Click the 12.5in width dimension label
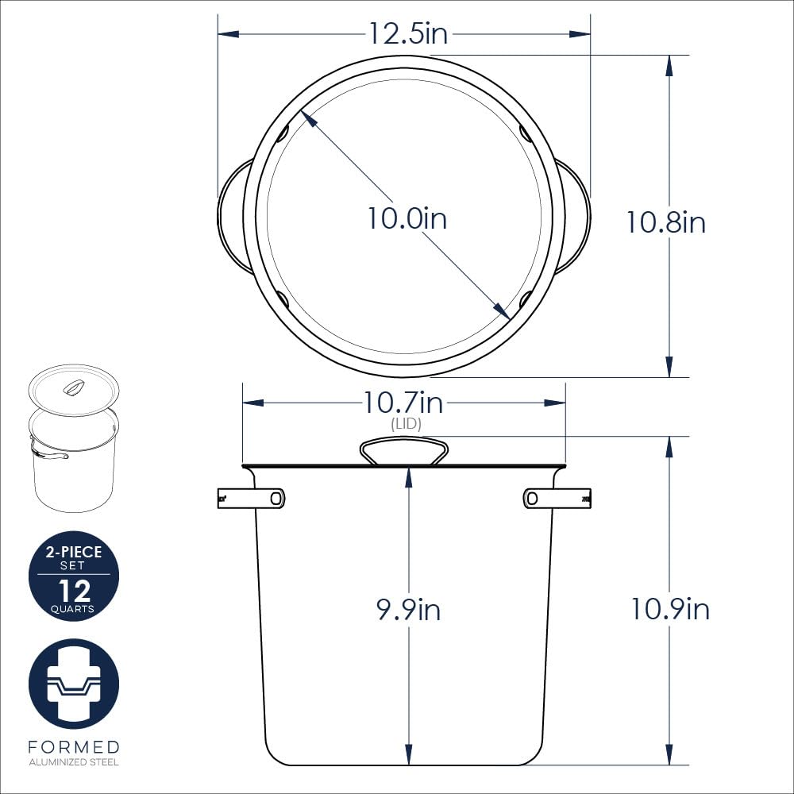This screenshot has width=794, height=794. click(408, 33)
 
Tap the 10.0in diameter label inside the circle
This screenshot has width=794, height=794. click(407, 218)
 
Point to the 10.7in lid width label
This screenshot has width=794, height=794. click(403, 403)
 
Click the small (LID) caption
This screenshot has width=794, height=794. click(406, 423)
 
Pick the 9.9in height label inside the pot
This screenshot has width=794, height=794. click(408, 609)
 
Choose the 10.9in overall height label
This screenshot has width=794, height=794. click(670, 608)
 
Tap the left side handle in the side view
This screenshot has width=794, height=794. click(251, 499)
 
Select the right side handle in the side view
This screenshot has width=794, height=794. click(557, 499)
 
